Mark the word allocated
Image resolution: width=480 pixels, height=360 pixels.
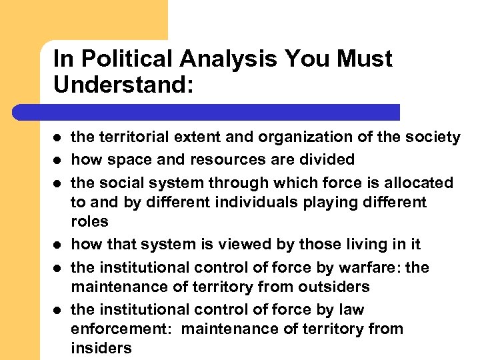pyautogui.click(x=420, y=183)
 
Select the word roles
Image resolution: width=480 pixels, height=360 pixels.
pyautogui.click(x=89, y=221)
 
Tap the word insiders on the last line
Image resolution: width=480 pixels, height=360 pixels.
pyautogui.click(x=101, y=348)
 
